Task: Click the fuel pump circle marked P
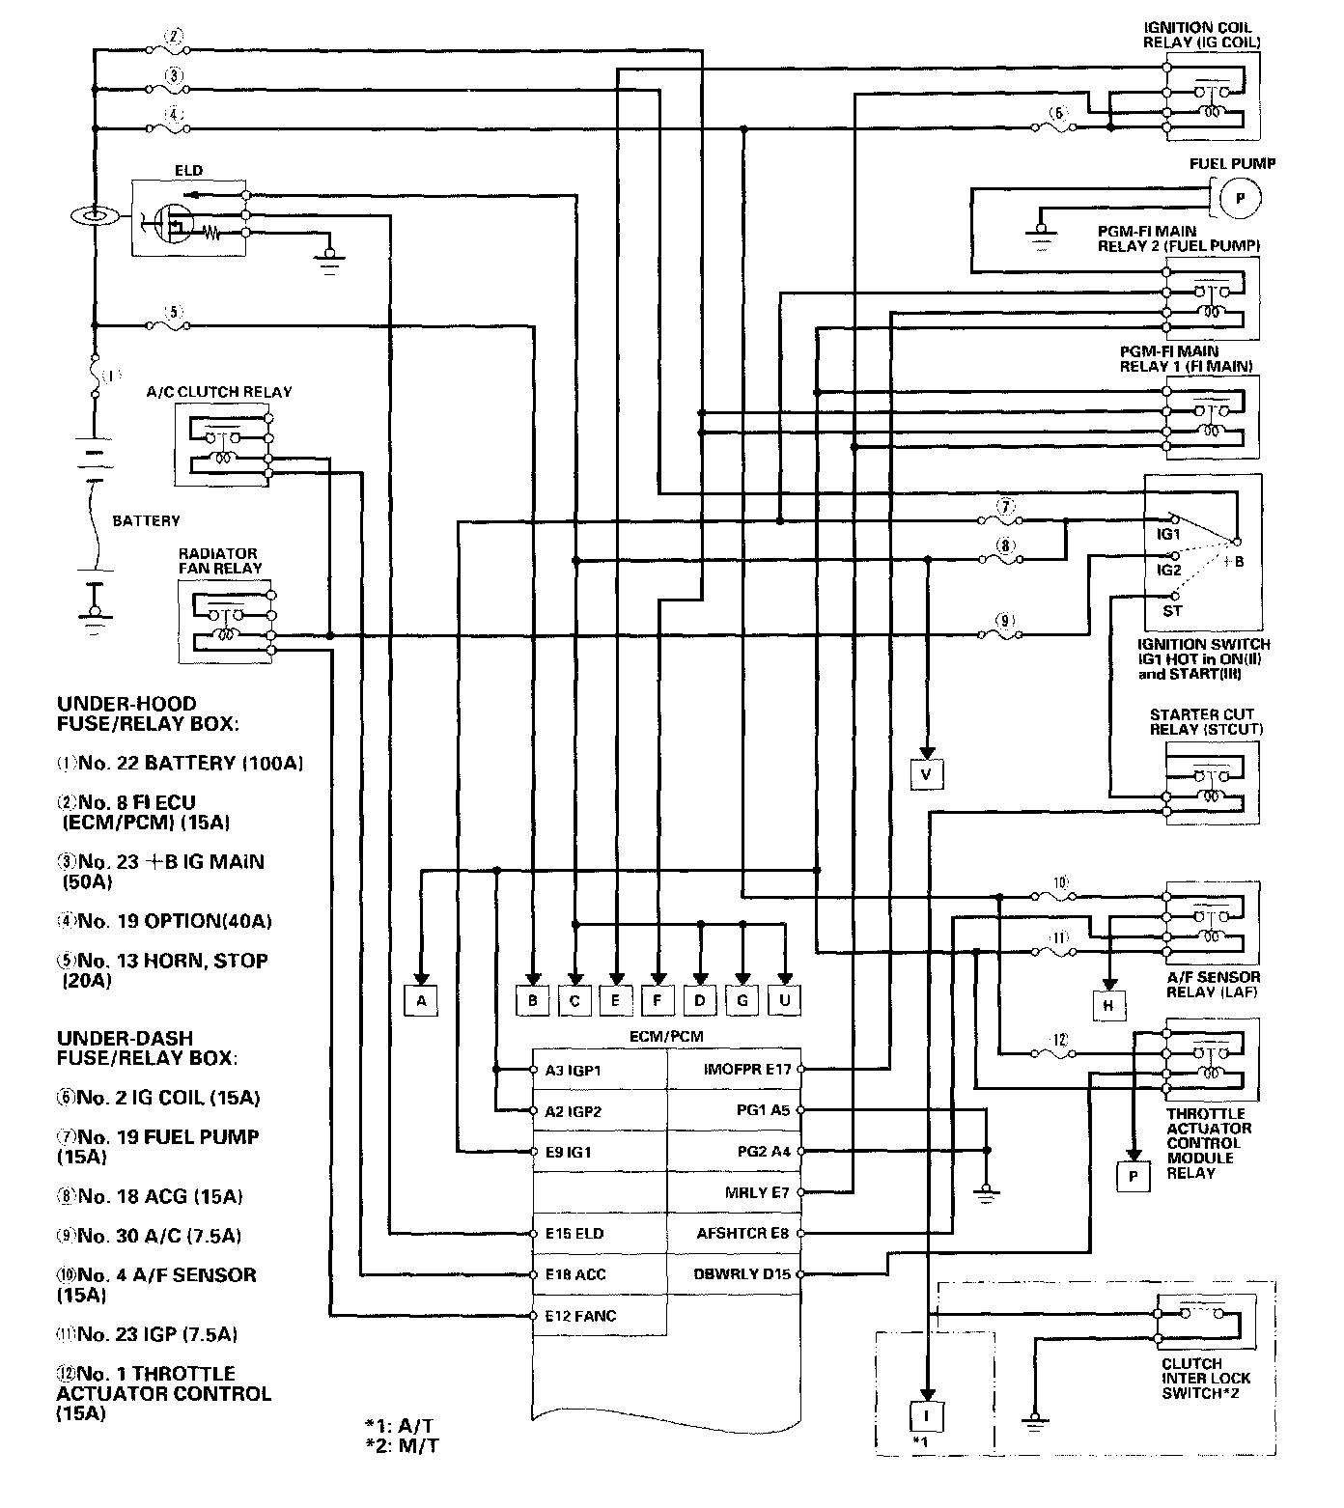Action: pyautogui.click(x=1242, y=198)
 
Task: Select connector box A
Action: pyautogui.click(x=421, y=1001)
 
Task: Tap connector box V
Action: pyautogui.click(x=926, y=773)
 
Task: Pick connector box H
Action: pyautogui.click(x=1109, y=1006)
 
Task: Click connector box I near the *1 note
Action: pyautogui.click(x=926, y=1416)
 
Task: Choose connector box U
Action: pyautogui.click(x=785, y=1001)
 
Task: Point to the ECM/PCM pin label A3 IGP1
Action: pyautogui.click(x=573, y=1070)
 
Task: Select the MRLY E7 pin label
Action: pyautogui.click(x=757, y=1192)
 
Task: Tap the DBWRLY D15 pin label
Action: pyautogui.click(x=742, y=1274)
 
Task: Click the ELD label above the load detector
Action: pyautogui.click(x=189, y=171)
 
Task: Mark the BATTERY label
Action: pyautogui.click(x=146, y=520)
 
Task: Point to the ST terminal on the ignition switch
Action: pyautogui.click(x=1172, y=610)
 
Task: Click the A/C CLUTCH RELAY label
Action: pyautogui.click(x=219, y=392)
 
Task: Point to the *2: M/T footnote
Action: pyautogui.click(x=403, y=1445)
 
